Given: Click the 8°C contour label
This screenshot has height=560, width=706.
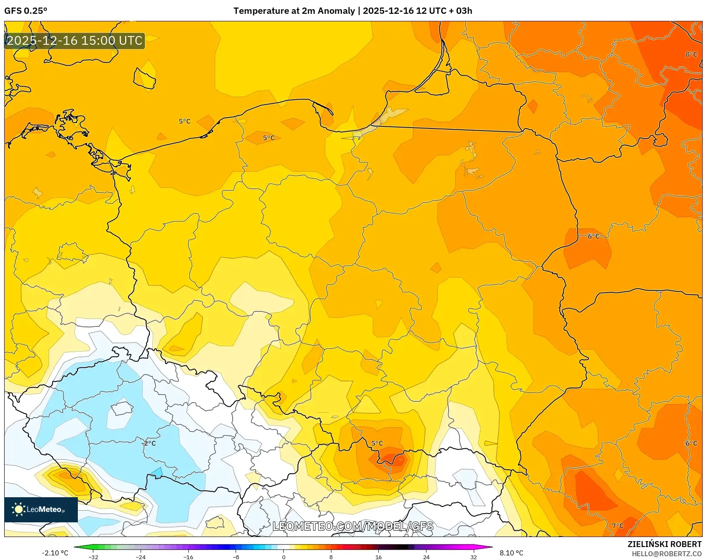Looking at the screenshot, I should click(x=691, y=54).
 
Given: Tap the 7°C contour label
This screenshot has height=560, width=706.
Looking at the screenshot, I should click(x=617, y=526).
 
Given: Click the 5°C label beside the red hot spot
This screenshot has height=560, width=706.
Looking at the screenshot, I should click(x=377, y=443).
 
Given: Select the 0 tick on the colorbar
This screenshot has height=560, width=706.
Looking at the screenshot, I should click(x=284, y=557).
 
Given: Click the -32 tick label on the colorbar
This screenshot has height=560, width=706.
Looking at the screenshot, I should click(x=93, y=557).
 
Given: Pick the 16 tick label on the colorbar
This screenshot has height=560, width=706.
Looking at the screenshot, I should click(x=378, y=557).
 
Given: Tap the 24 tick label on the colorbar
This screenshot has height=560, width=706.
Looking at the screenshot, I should click(x=426, y=557).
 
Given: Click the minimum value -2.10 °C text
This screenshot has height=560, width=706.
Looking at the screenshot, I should click(x=55, y=553).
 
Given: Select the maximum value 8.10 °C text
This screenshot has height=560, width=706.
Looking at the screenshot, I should click(x=511, y=553).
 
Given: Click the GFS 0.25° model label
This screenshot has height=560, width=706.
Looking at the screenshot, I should click(x=26, y=11).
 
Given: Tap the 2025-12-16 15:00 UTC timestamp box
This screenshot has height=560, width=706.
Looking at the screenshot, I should click(x=74, y=41).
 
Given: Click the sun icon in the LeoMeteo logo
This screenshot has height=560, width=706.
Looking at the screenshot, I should click(x=18, y=509).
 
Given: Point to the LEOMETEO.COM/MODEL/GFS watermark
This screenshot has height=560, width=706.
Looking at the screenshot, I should click(x=352, y=526).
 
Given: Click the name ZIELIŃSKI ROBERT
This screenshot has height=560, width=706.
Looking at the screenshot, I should click(x=664, y=544).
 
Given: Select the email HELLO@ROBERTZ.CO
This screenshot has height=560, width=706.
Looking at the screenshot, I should click(x=666, y=554).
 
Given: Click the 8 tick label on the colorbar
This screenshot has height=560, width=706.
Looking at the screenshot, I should click(x=331, y=557).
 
